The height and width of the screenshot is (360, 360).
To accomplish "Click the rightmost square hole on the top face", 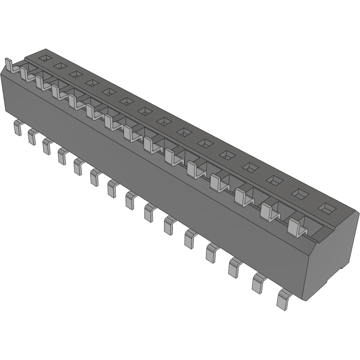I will coord(326,208).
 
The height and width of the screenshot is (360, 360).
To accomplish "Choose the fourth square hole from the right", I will coord(250,166).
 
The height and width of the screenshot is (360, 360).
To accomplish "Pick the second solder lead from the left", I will coord(32,137).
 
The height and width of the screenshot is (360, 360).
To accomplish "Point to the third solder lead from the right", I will coord(234,267).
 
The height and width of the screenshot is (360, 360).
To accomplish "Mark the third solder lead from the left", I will coord(47,146).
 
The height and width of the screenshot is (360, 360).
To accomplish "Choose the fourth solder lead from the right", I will coord(211,253).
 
